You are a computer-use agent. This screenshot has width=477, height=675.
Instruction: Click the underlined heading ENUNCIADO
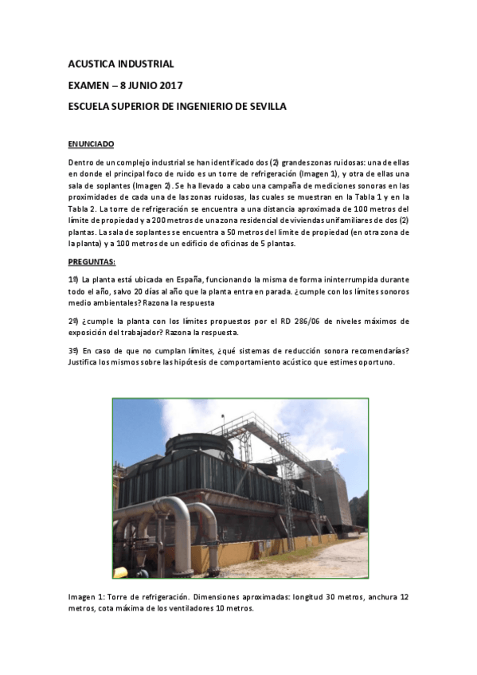pos(92,143)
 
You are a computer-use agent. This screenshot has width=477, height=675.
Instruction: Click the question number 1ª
pos(73,279)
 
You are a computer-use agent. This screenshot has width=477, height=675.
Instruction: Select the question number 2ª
pos(73,321)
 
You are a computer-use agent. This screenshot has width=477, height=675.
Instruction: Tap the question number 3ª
pos(73,351)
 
